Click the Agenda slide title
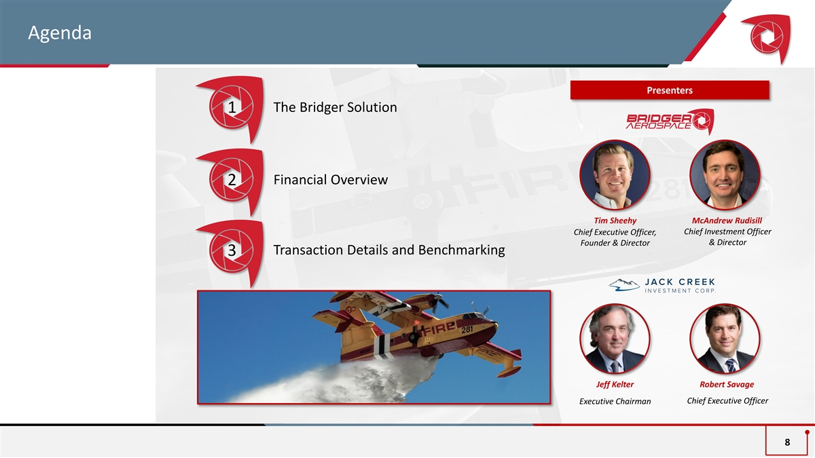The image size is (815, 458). (x=60, y=33)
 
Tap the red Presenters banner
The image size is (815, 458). (x=670, y=90)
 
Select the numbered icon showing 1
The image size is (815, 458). (x=232, y=108)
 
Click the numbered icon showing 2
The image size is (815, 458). (x=232, y=180)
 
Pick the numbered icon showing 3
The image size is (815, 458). (x=232, y=252)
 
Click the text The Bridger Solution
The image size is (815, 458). (x=335, y=107)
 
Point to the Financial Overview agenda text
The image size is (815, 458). (x=330, y=180)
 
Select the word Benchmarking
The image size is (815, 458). (x=461, y=250)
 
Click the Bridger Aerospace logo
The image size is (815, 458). (x=670, y=121)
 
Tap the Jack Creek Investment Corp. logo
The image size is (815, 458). (x=662, y=286)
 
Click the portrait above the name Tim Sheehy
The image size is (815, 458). (x=615, y=175)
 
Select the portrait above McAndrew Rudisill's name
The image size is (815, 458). (x=725, y=175)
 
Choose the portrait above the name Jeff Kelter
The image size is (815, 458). (x=615, y=339)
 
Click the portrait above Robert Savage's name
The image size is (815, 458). (x=725, y=339)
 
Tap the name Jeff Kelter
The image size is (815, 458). (x=615, y=384)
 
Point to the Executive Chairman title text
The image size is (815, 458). (x=615, y=401)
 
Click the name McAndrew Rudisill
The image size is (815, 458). (x=727, y=221)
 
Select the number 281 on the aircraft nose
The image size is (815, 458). (x=467, y=330)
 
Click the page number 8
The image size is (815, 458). (x=787, y=442)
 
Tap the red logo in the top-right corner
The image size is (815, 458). (x=768, y=38)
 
